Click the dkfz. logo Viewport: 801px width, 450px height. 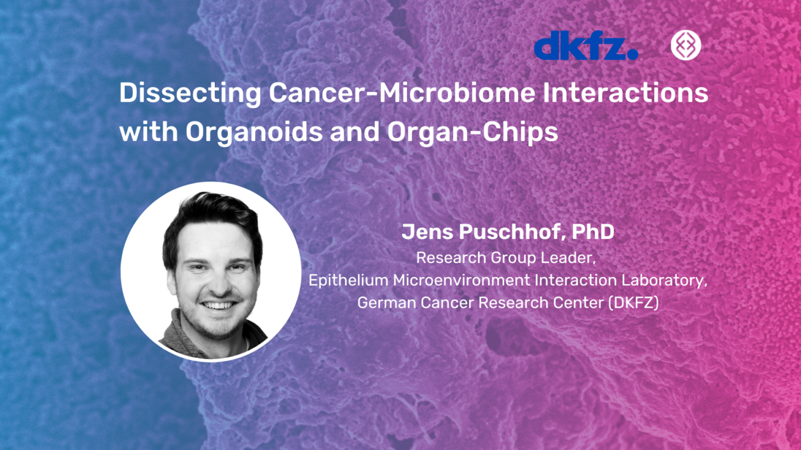(585, 47)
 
